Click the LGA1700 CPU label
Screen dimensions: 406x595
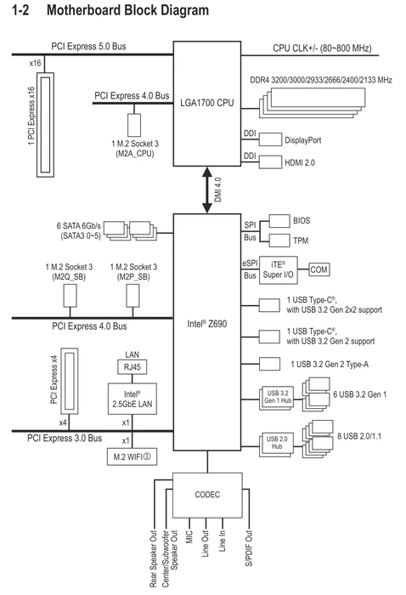click(207, 103)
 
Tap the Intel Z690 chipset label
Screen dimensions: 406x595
click(207, 324)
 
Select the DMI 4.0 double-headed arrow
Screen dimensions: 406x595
click(207, 190)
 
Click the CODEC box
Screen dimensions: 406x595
click(207, 496)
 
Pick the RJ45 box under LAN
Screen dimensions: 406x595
click(132, 367)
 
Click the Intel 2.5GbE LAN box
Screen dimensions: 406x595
click(133, 399)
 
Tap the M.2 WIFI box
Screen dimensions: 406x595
click(132, 457)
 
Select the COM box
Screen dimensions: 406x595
click(319, 269)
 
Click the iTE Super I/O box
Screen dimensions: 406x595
click(279, 270)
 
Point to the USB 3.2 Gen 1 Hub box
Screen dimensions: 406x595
click(278, 398)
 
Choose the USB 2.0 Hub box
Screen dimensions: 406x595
click(277, 443)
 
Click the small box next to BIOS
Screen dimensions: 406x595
click(279, 221)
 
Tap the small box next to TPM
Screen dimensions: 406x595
click(279, 241)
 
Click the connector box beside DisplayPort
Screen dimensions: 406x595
click(270, 139)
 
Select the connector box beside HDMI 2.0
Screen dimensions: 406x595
click(270, 162)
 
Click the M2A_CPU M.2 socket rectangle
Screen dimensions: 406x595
click(134, 125)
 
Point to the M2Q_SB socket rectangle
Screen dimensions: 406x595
click(70, 296)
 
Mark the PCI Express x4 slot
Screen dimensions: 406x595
click(70, 381)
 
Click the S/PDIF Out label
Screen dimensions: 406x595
click(249, 548)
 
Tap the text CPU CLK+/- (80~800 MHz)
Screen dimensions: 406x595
click(322, 48)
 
